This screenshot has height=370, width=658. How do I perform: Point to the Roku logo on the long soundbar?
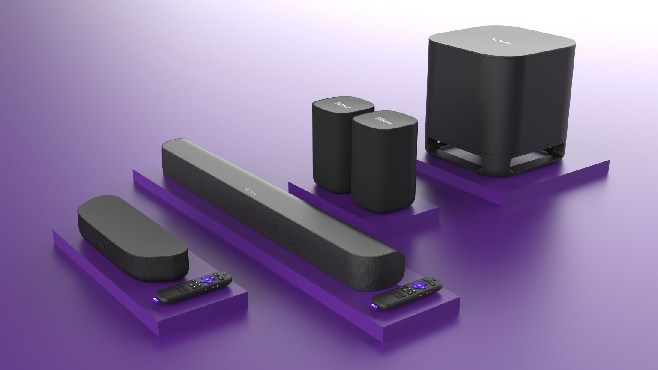pyautogui.click(x=251, y=191)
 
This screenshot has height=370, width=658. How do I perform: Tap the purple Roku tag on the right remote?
pyautogui.click(x=374, y=306)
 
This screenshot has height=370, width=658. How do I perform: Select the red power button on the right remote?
pyautogui.click(x=434, y=279)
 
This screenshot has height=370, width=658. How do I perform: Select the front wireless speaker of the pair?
pyautogui.click(x=383, y=163)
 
